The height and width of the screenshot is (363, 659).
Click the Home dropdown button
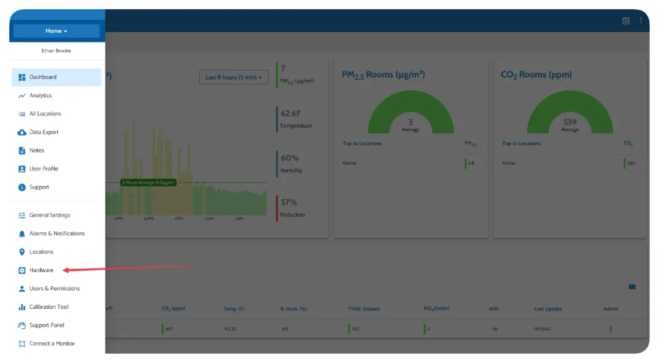[x=56, y=31]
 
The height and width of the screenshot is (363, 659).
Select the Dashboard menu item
[x=43, y=77]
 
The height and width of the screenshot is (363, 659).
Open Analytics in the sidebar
[x=40, y=95]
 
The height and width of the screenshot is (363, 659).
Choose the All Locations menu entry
[x=45, y=114]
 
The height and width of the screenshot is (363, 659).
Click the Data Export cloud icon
[x=22, y=132]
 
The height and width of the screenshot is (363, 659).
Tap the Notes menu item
[x=36, y=150]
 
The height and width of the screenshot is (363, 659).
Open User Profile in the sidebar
[x=43, y=169]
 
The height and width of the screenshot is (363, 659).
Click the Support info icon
[x=22, y=187]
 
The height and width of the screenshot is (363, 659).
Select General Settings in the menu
[x=49, y=215]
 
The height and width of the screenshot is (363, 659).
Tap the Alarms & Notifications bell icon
[x=22, y=234]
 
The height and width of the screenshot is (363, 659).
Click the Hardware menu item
[x=41, y=270]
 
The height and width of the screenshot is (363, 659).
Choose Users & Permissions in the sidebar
[x=54, y=288]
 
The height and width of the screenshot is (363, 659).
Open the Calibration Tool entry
[x=49, y=307]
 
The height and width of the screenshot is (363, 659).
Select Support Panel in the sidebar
[x=47, y=325]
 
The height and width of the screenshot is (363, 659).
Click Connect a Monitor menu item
[x=52, y=343]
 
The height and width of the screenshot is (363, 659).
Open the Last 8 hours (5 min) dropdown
[x=234, y=77]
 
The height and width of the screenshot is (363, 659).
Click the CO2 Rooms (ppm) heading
[x=536, y=75]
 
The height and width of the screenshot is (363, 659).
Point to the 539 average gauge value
[x=570, y=122]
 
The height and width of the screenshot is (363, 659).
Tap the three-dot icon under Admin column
[x=610, y=329]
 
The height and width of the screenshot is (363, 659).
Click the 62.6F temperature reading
[x=291, y=114]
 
